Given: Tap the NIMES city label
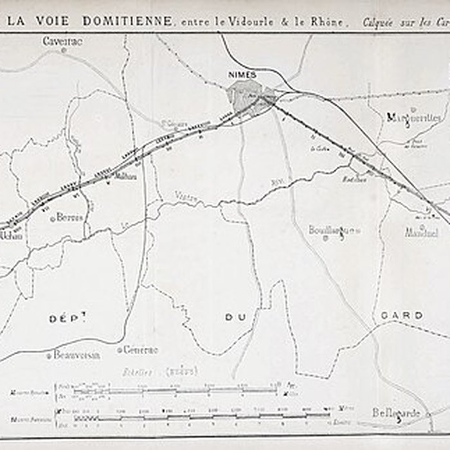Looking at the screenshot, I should (242, 75).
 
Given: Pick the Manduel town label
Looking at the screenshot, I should (421, 233).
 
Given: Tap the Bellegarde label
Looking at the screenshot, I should (396, 413).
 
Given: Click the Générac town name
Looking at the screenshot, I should (140, 350).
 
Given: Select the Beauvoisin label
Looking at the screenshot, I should (76, 354).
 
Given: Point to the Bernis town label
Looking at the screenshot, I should (70, 217).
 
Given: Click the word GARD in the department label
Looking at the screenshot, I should (402, 316).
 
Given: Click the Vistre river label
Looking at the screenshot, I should (185, 195).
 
